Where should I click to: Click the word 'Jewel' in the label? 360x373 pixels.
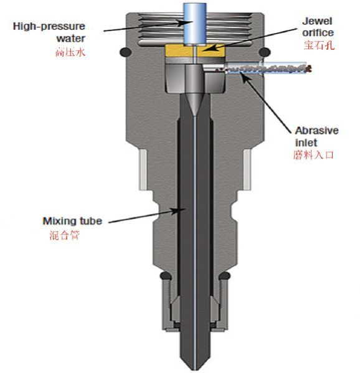(317, 21)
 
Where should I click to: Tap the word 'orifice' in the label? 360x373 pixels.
(318, 33)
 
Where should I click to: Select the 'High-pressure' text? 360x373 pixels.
(49, 26)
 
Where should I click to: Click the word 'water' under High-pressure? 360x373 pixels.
(70, 39)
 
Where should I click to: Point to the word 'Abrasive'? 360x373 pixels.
(316, 131)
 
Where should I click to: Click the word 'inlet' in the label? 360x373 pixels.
(306, 143)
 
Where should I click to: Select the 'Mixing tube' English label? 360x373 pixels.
(72, 221)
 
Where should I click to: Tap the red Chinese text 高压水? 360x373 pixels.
(70, 52)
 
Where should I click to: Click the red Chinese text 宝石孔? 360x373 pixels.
(319, 45)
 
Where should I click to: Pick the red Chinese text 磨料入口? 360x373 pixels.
(313, 155)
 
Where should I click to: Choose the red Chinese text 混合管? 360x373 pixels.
(64, 235)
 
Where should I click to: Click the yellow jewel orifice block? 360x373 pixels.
(195, 51)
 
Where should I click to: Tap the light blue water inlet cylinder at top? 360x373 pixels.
(194, 24)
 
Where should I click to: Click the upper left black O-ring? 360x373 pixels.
(125, 52)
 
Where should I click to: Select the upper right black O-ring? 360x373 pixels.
(265, 52)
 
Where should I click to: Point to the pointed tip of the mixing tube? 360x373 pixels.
(194, 369)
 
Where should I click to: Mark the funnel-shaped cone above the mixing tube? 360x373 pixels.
(194, 104)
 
